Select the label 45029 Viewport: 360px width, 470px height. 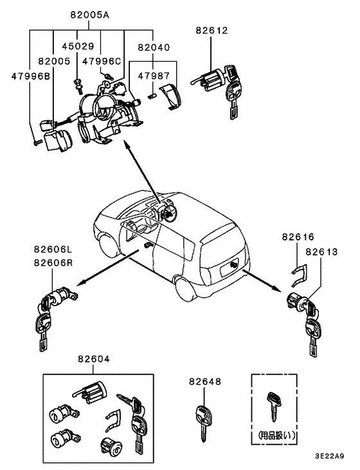tap(77, 46)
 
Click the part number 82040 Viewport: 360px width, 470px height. tap(154, 46)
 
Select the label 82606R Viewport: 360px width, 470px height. tap(54, 262)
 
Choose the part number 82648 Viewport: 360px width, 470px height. tap(204, 381)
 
